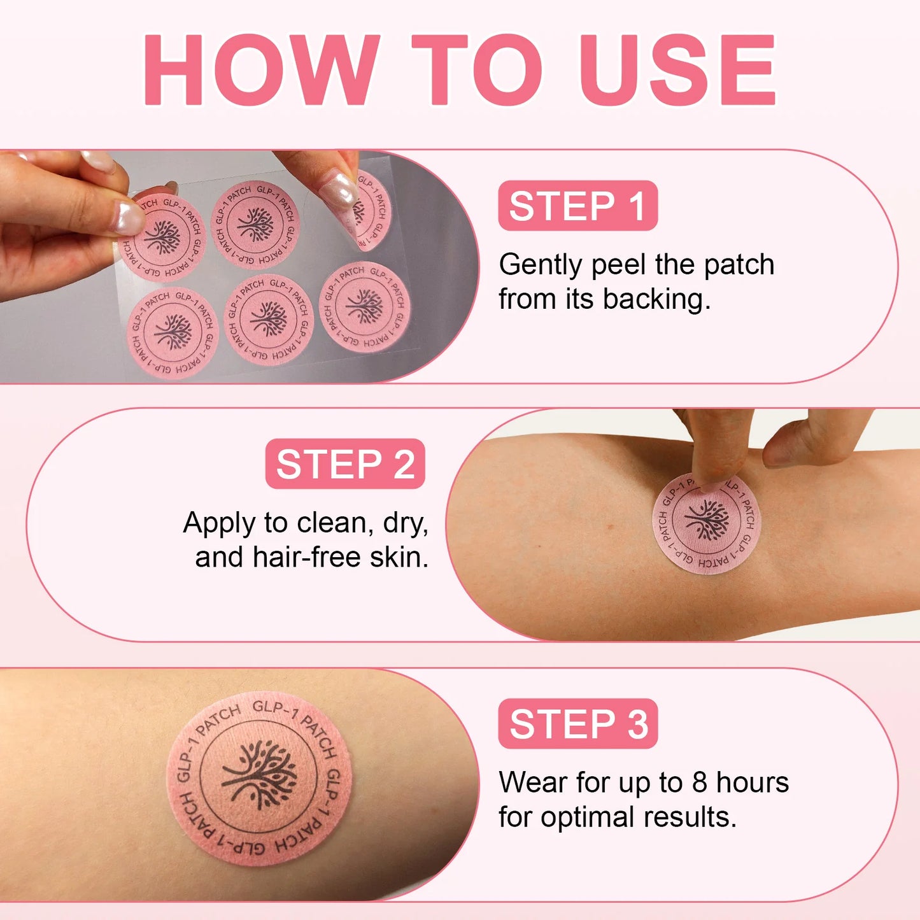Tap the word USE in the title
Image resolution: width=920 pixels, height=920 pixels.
coord(677,69)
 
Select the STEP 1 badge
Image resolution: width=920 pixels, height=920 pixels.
coord(577,206)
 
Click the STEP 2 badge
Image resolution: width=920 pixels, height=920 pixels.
coord(345,464)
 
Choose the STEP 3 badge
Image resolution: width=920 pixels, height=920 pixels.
coord(577,723)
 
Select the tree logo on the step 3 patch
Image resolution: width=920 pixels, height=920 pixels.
coord(259,774)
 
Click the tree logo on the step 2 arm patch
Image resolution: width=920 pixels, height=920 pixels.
coord(707,520)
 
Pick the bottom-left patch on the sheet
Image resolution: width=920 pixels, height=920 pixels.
coord(173,333)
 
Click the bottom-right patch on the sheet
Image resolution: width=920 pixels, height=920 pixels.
coord(365,306)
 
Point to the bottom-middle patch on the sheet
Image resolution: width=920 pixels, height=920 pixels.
coord(269,320)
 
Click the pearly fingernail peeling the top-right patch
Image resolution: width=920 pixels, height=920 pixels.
coord(337,190)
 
